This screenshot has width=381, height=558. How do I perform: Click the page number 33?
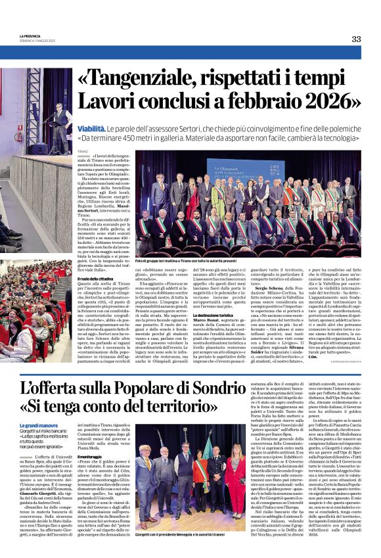[356, 39]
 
